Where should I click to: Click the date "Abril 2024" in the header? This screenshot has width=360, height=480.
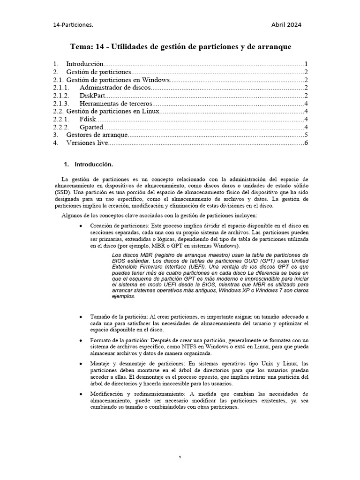(x=286, y=25)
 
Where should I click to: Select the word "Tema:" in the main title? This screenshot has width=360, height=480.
(x=82, y=47)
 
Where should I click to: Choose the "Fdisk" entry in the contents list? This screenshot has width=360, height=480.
(x=88, y=120)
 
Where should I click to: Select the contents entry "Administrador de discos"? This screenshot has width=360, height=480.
(x=115, y=88)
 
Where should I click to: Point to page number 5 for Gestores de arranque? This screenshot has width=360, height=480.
(x=305, y=135)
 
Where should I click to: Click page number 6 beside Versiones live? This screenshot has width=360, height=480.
(x=305, y=143)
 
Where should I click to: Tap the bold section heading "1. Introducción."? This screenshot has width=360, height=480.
(x=89, y=165)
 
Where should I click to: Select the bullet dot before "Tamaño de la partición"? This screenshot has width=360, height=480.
(x=82, y=318)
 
